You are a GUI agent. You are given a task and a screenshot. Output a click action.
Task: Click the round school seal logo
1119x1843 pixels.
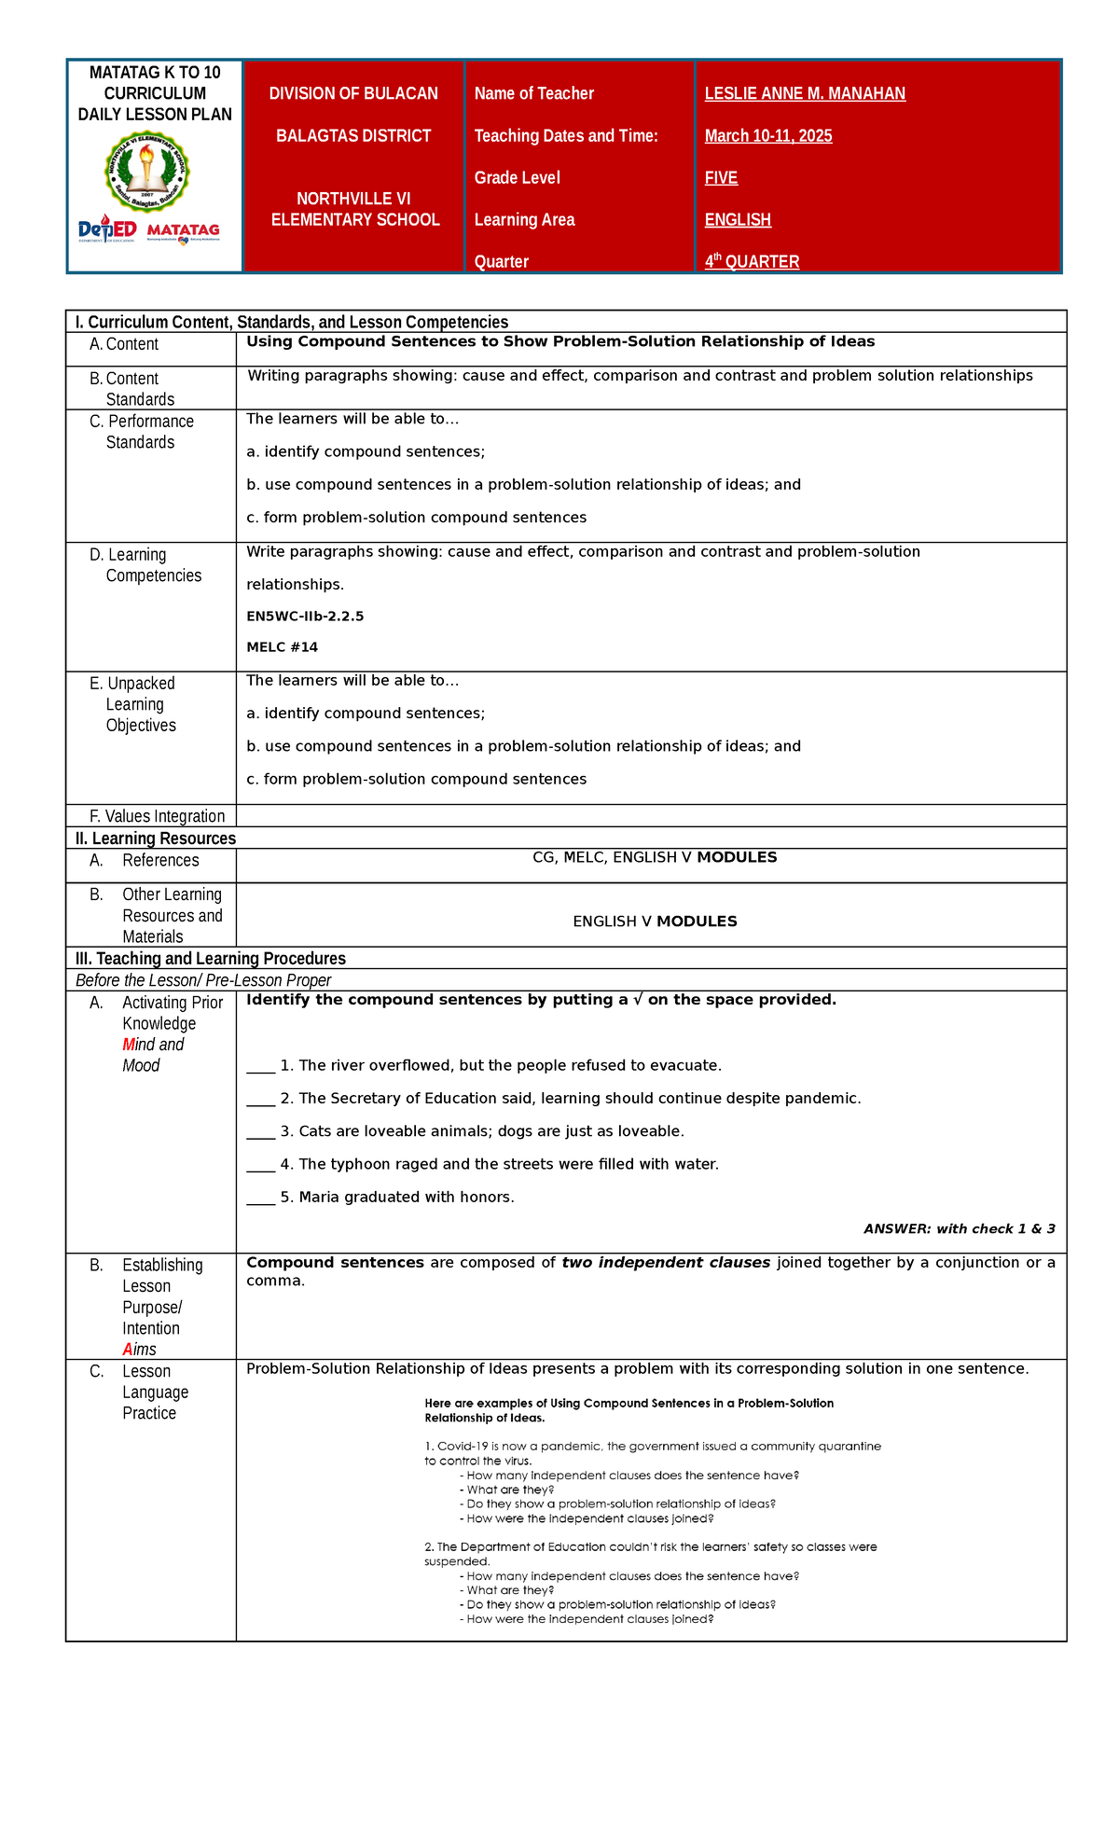[146, 172]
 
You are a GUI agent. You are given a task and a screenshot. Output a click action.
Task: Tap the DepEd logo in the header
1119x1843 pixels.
[107, 229]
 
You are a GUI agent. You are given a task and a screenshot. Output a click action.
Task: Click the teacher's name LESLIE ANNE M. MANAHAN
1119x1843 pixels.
[805, 93]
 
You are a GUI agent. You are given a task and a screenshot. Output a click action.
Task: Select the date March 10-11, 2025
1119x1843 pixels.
[768, 136]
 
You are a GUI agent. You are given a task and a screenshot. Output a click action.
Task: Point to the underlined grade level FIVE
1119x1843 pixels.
[721, 178]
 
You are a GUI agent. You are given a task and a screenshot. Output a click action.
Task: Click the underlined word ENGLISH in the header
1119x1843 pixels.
[738, 220]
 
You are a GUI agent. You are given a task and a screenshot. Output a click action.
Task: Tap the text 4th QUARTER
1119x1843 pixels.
[752, 262]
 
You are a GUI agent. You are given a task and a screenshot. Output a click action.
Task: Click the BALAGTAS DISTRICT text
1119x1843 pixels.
[353, 136]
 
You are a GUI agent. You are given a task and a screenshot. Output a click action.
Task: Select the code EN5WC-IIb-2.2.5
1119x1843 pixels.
[305, 617]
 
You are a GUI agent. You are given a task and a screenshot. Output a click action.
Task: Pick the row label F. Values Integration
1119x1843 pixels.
[157, 816]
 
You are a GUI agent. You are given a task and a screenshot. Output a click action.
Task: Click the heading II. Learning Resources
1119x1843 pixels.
[155, 838]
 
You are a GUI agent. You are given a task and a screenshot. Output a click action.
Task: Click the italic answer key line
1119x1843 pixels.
[959, 1229]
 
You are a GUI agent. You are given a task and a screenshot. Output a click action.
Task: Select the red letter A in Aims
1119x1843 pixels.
[128, 1350]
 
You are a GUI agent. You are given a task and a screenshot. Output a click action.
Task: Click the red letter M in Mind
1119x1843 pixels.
[129, 1045]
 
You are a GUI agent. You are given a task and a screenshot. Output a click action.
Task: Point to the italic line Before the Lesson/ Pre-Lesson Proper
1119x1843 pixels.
[203, 980]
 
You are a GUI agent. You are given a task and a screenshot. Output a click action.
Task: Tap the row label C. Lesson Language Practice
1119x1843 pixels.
[155, 1392]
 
